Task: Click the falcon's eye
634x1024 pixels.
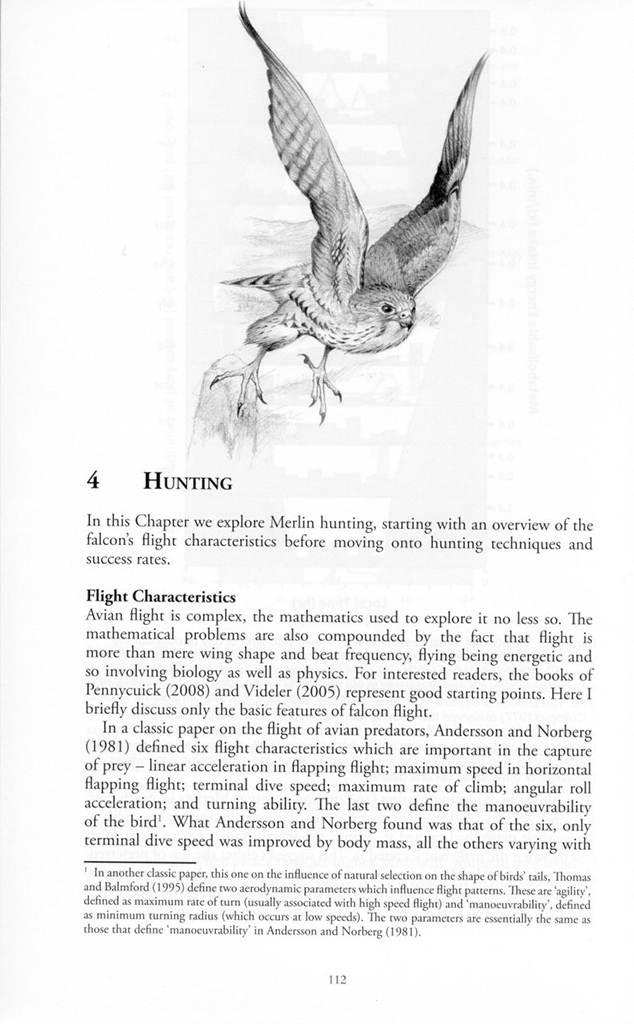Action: [x=388, y=308]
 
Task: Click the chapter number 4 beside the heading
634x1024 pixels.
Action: [x=93, y=480]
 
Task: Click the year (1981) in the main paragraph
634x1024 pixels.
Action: [x=118, y=745]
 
